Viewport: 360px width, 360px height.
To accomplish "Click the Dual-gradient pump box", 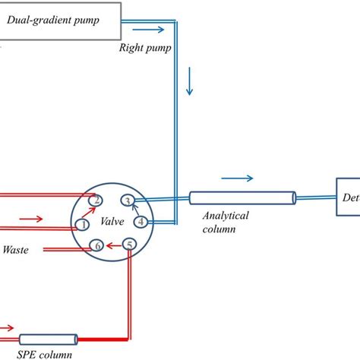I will click(x=60, y=20).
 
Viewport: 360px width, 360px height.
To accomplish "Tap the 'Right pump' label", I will click(x=144, y=47).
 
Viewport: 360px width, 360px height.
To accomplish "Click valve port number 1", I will click(x=82, y=224).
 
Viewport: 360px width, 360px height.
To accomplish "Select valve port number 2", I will click(x=96, y=200).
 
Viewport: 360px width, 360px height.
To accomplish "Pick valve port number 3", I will click(x=128, y=201).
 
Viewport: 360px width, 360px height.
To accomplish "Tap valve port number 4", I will click(x=141, y=222).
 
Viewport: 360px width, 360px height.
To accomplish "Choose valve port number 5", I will click(x=130, y=245).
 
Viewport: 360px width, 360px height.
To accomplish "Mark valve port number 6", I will click(x=96, y=245).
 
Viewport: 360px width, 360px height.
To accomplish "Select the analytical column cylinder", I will click(x=242, y=198).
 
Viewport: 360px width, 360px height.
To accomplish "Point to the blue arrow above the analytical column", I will click(x=238, y=180).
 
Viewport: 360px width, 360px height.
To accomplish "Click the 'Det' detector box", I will click(x=348, y=197).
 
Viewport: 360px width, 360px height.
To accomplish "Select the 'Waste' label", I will click(x=17, y=248).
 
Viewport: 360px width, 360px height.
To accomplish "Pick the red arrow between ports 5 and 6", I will click(x=113, y=245).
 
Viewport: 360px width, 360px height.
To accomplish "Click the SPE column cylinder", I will click(x=48, y=339).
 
